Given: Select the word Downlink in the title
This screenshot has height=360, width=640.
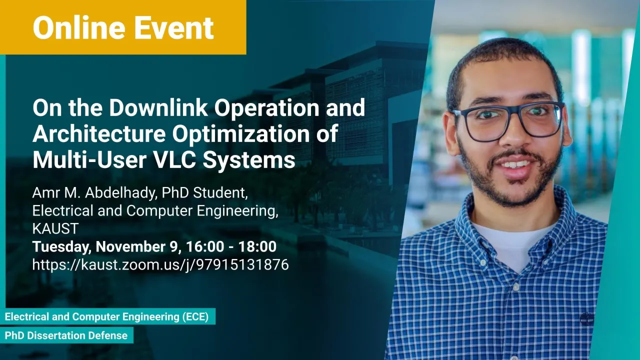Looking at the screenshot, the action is (158, 107).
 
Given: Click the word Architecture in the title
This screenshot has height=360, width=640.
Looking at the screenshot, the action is (99, 133).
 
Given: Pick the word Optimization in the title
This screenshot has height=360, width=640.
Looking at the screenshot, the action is (241, 133).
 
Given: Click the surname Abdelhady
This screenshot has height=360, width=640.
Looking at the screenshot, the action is (121, 192).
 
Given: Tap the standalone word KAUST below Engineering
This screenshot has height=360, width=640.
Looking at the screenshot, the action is (55, 228).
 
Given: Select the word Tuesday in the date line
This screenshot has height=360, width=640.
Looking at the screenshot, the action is (61, 247).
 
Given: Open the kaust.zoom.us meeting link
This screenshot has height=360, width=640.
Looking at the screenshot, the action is (160, 265).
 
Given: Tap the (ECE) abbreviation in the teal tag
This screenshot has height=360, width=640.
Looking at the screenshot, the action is (195, 316).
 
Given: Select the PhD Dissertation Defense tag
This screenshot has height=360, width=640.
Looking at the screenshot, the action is (66, 335).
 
